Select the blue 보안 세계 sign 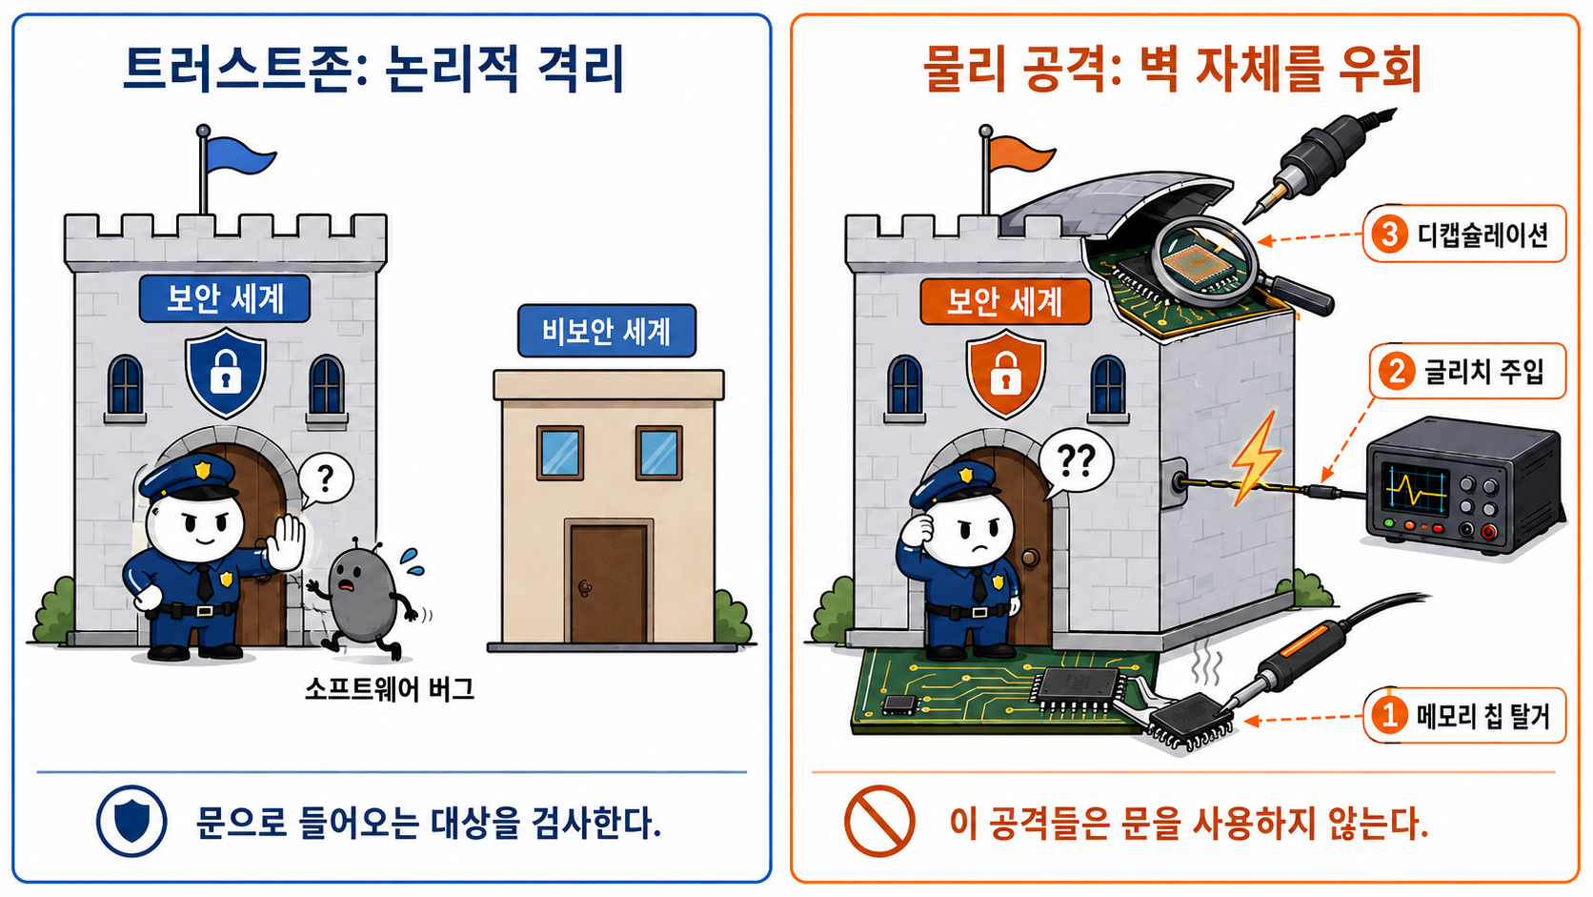[225, 298]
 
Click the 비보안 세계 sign [607, 331]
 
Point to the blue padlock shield [226, 372]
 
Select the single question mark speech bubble [325, 480]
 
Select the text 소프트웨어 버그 [390, 688]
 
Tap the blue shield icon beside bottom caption [131, 821]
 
